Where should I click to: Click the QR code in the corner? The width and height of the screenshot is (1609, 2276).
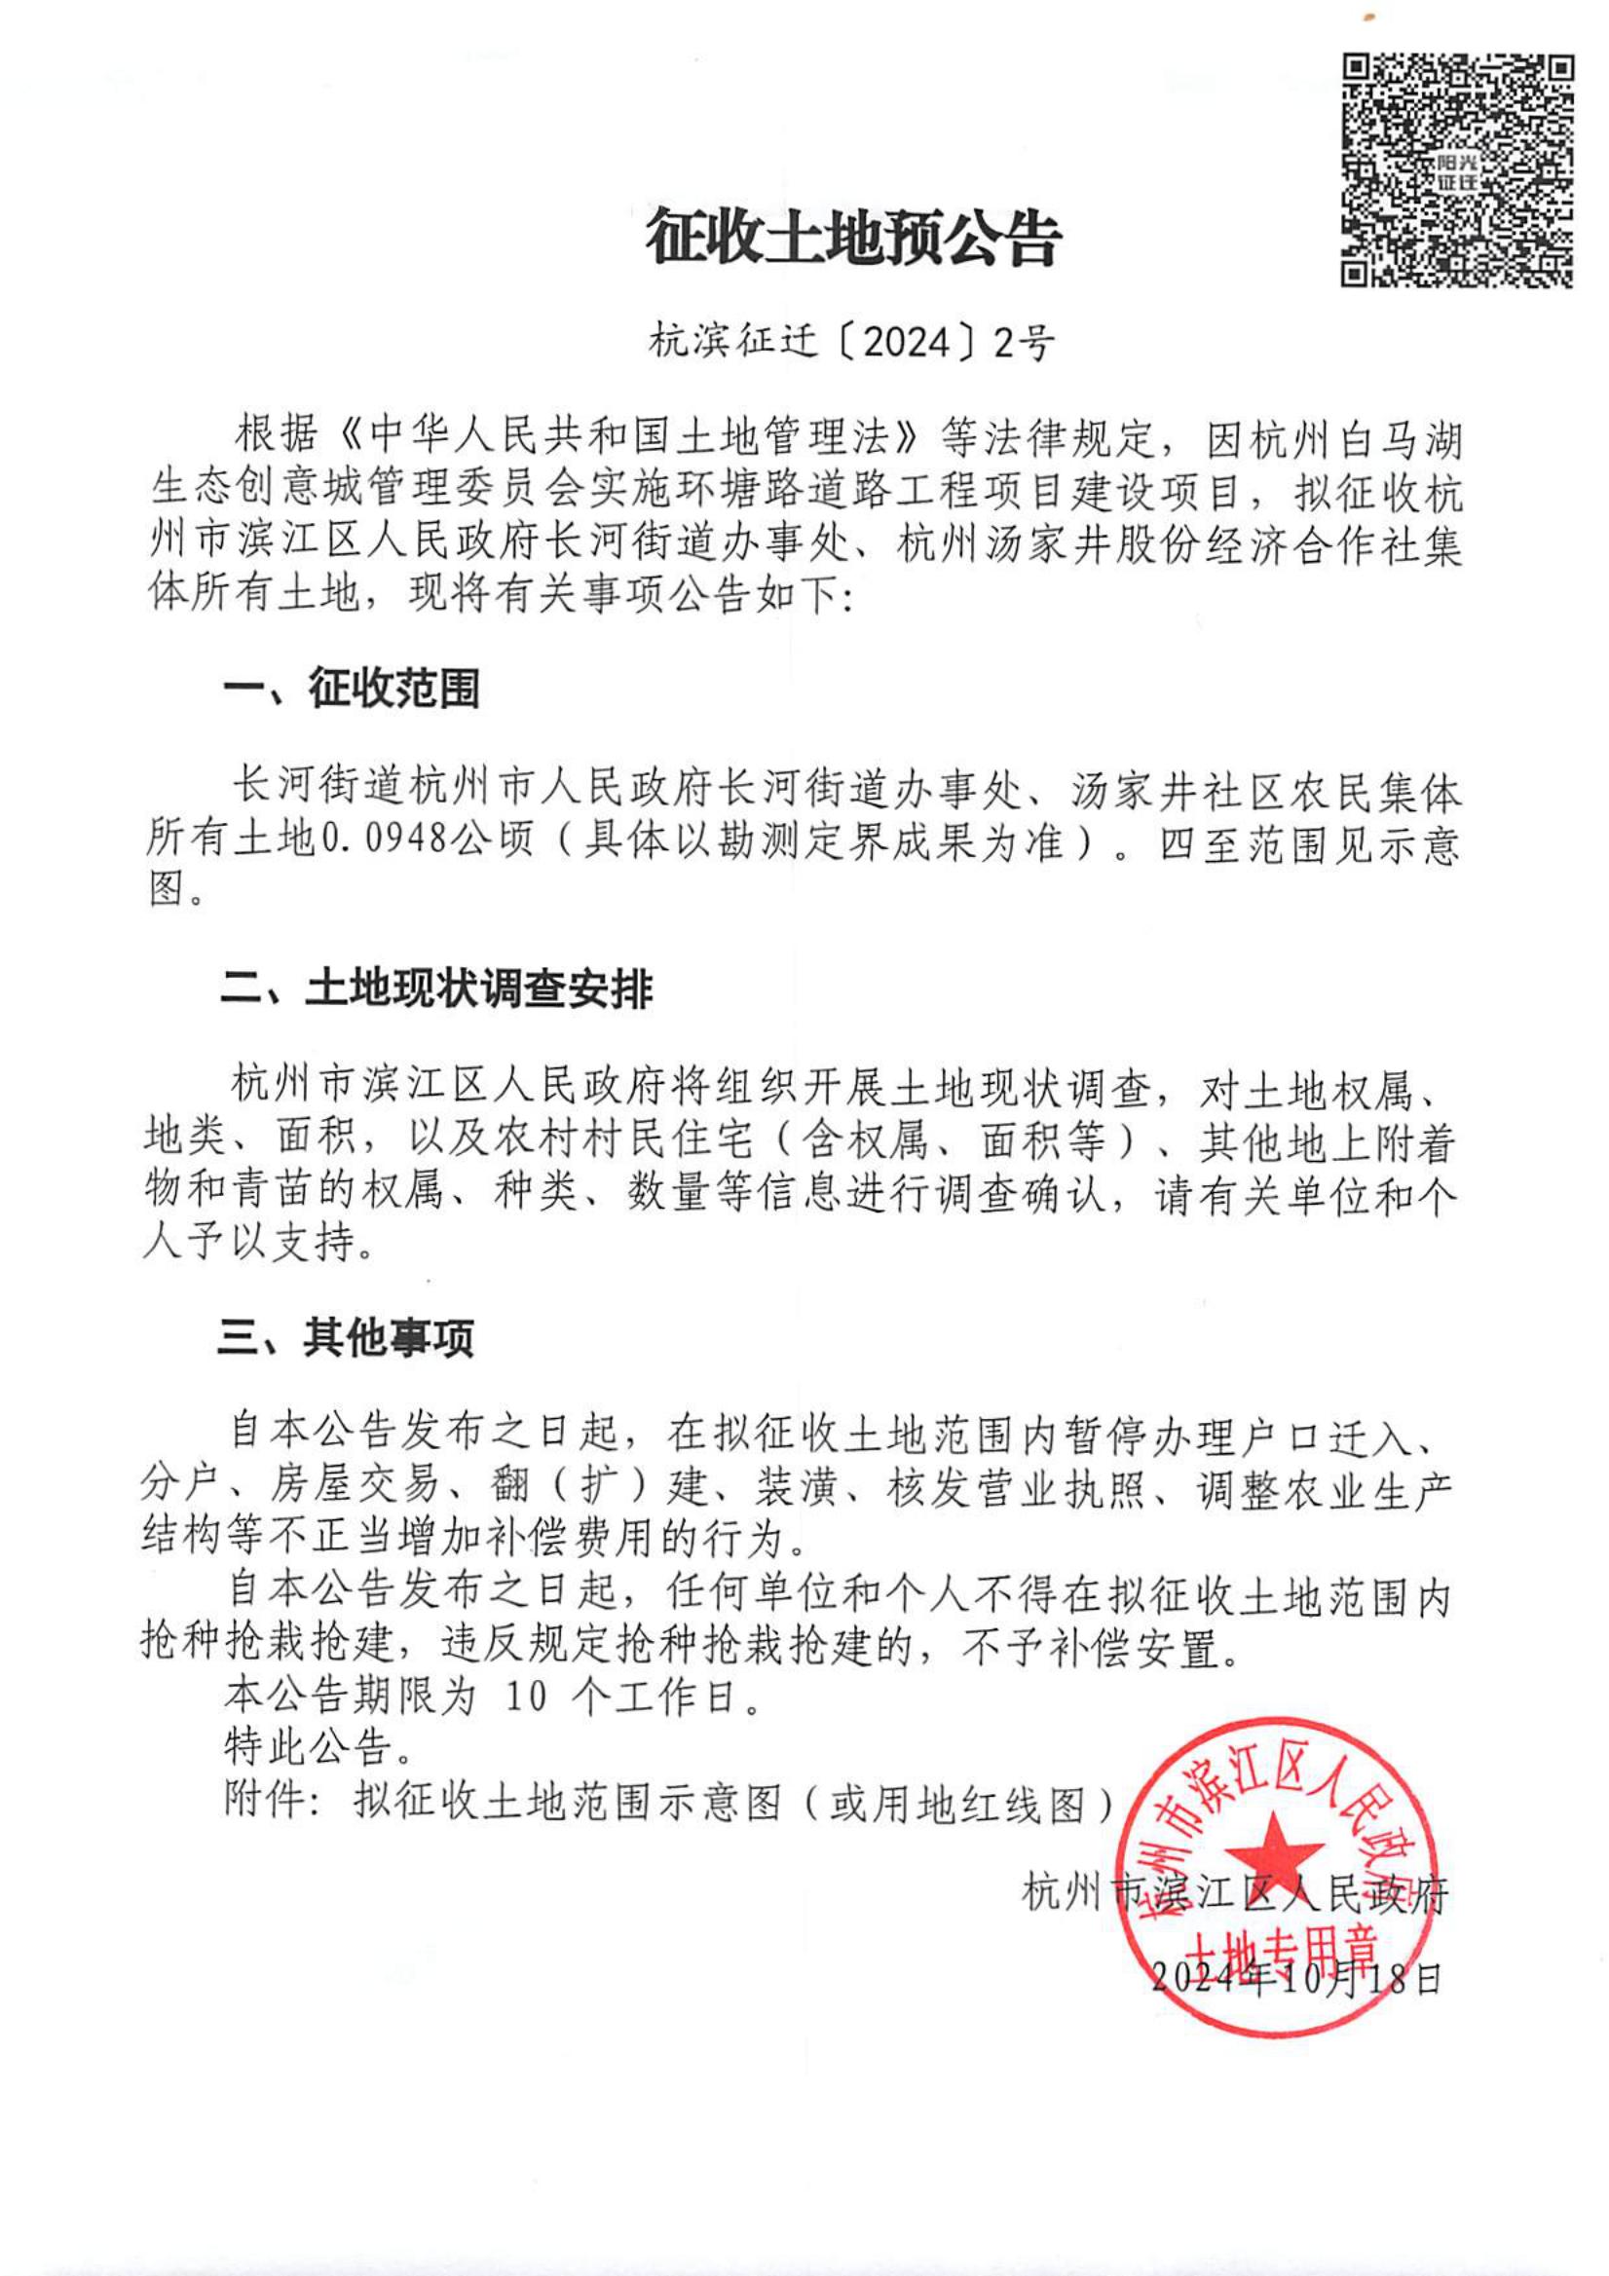[1457, 171]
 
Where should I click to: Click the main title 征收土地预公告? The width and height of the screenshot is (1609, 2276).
[853, 239]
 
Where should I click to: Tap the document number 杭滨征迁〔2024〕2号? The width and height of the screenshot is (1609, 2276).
[851, 343]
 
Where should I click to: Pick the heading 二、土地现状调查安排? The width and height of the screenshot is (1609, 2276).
[436, 989]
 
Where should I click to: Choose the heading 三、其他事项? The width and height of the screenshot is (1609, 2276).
[346, 1338]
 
